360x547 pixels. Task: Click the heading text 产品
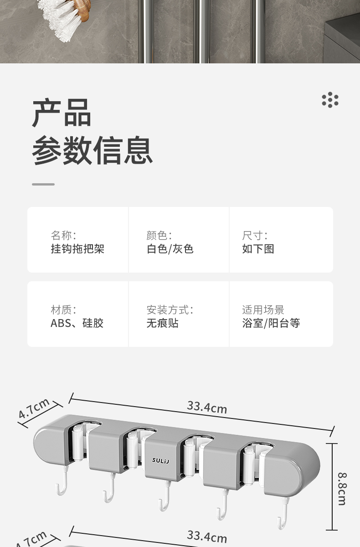click(x=62, y=113)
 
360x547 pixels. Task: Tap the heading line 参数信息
click(x=92, y=150)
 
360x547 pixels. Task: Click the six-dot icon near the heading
click(x=330, y=100)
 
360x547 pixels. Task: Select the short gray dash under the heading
click(x=43, y=184)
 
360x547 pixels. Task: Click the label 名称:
click(x=63, y=236)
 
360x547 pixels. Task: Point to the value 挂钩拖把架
click(x=77, y=249)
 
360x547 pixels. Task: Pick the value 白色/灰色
click(x=170, y=249)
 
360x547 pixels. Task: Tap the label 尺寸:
click(x=255, y=236)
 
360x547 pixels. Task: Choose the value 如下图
click(x=258, y=249)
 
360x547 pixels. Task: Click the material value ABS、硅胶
click(x=77, y=323)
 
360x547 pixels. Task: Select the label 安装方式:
click(x=170, y=310)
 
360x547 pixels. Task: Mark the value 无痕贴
click(x=162, y=323)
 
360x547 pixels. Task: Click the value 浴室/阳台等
click(x=271, y=323)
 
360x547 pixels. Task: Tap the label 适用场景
click(x=263, y=310)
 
